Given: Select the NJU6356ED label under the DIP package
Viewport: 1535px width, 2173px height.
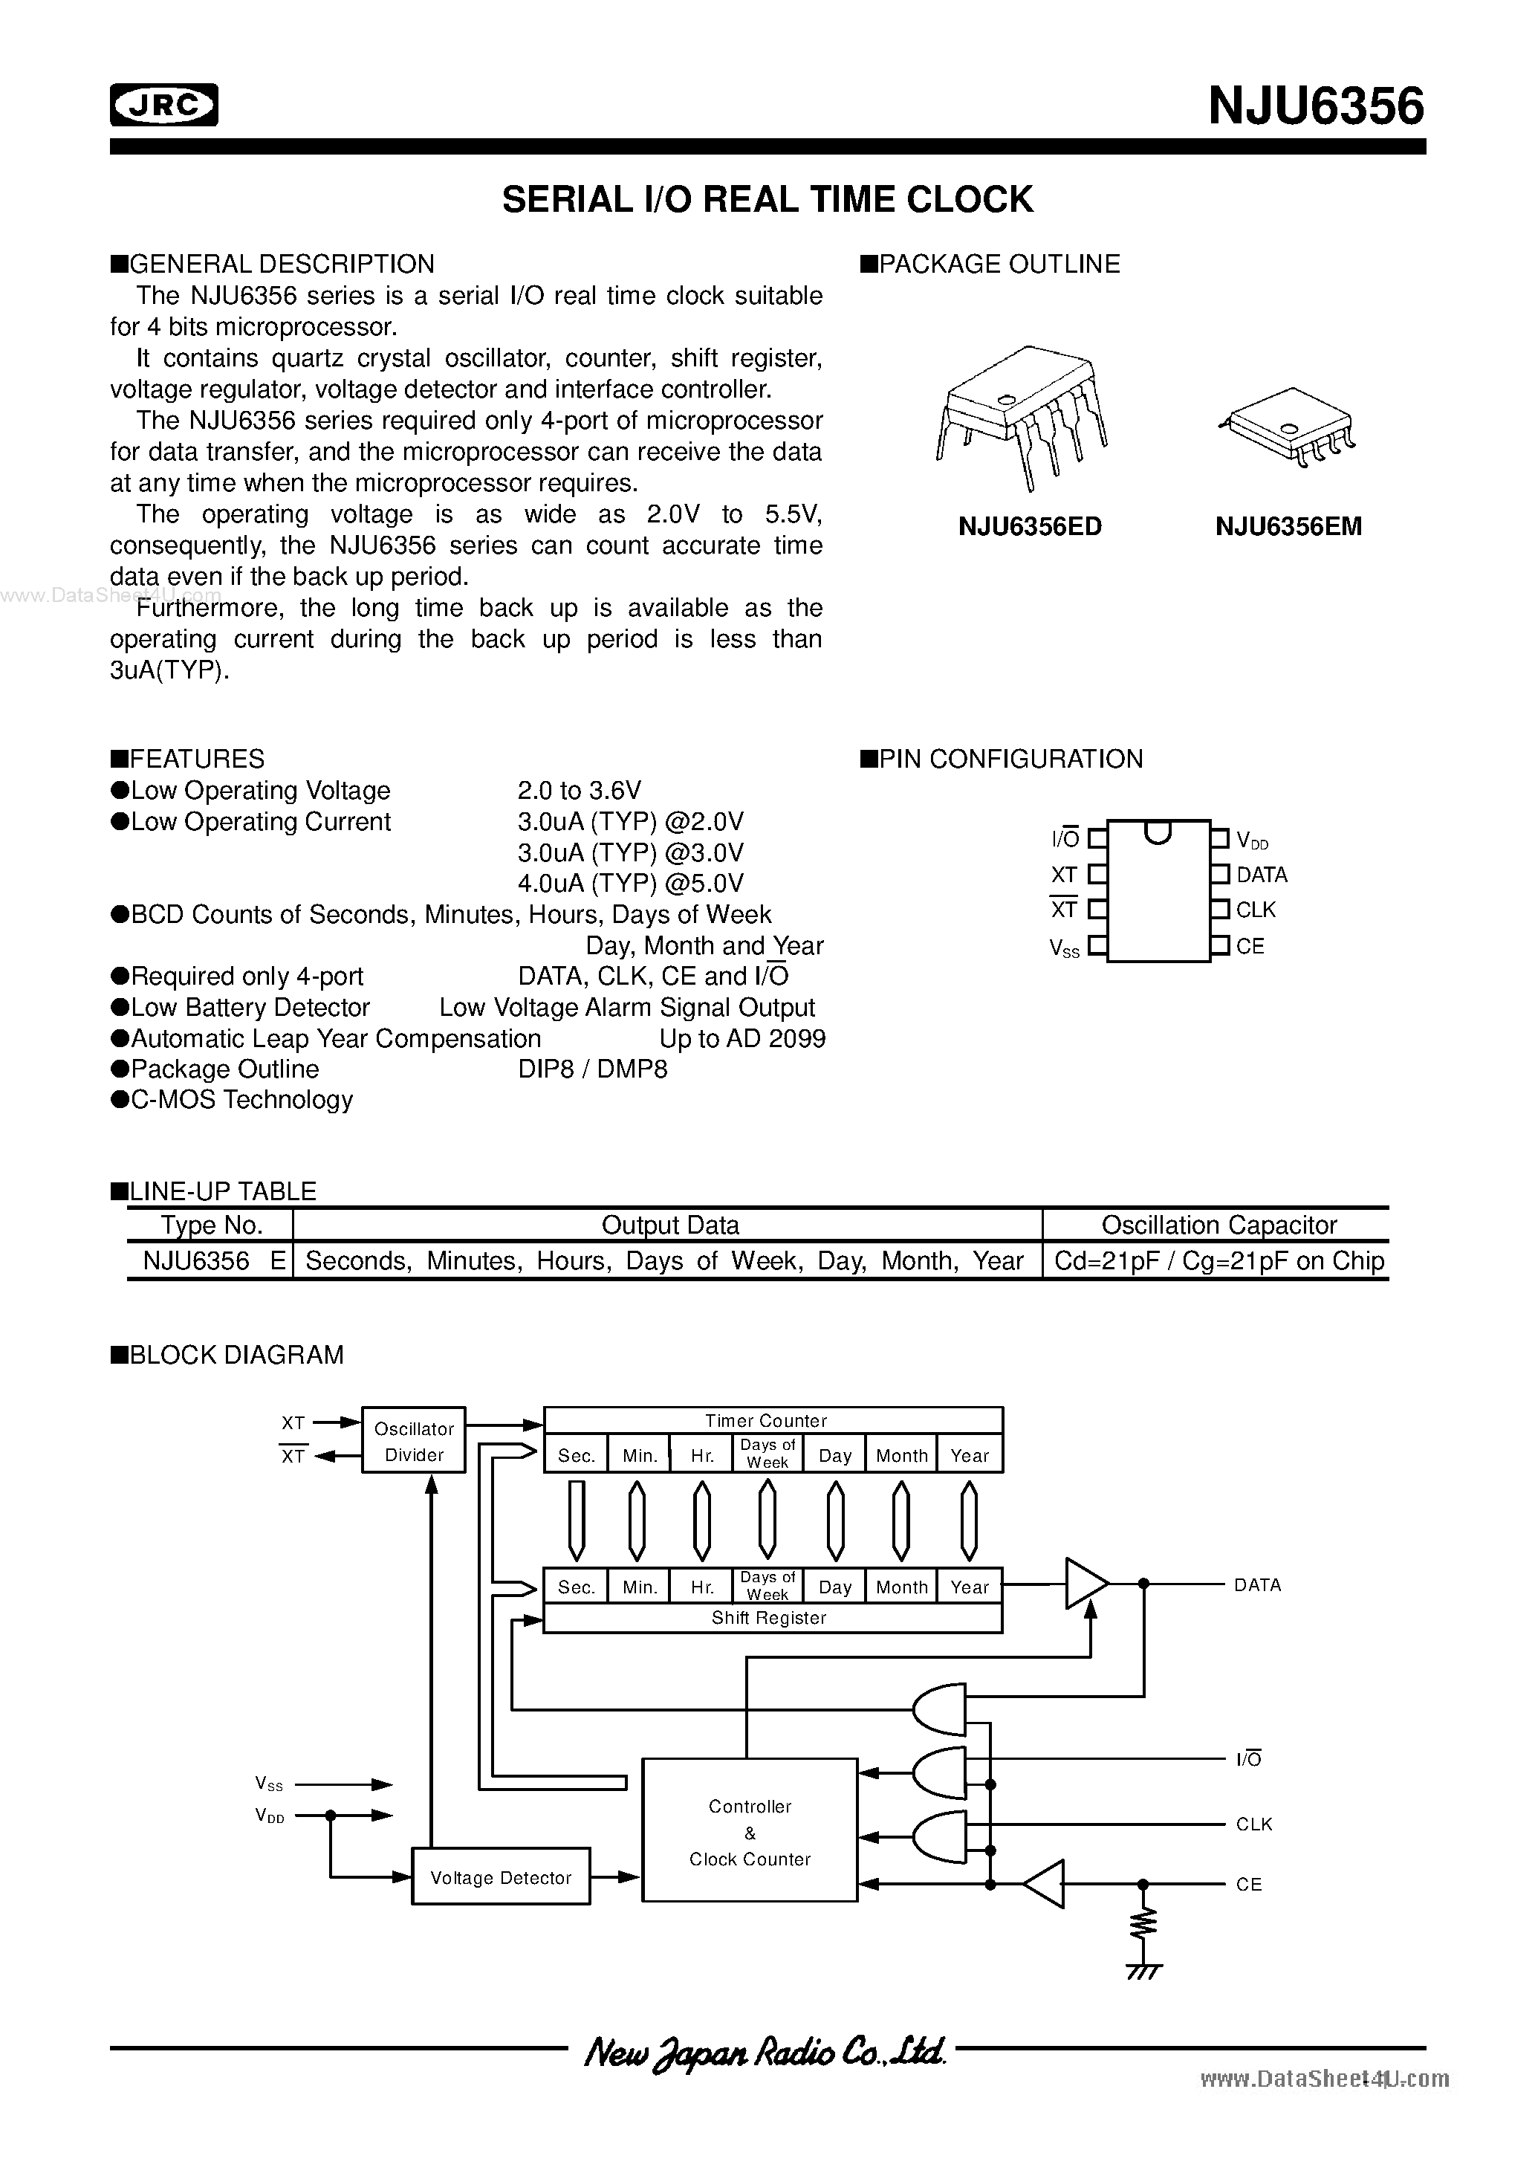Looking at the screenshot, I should tap(1030, 527).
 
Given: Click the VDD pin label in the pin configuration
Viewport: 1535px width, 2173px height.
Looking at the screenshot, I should tap(1252, 841).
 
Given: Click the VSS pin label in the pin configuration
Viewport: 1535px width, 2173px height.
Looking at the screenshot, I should tap(1065, 948).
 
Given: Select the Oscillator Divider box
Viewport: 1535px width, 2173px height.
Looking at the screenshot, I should tap(414, 1440).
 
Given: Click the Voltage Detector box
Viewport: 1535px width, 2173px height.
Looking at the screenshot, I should tap(501, 1878).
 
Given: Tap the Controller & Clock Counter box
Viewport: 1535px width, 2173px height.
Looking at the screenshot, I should tap(750, 1831).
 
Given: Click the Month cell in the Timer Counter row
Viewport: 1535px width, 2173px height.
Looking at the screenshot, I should tap(901, 1456).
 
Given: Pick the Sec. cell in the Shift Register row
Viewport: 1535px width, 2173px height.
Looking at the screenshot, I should tap(575, 1587).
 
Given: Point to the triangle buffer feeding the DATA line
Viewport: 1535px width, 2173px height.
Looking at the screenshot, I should tap(1085, 1584).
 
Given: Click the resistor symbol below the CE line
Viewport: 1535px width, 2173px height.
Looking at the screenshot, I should tap(1143, 1923).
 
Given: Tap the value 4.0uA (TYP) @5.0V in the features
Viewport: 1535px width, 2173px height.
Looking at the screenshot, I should tap(630, 883).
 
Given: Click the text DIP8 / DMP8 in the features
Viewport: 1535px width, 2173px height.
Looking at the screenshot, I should tap(592, 1069).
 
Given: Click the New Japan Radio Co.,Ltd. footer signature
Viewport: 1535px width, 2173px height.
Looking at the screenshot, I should tap(765, 2052).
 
